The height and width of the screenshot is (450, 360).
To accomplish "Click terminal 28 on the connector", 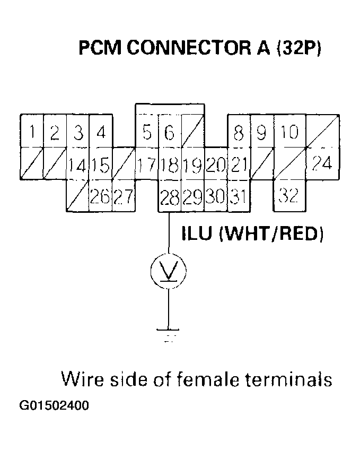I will point(169,198).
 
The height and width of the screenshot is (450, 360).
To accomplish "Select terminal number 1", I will point(32,132).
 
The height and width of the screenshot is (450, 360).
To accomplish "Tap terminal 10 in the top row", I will point(289,132).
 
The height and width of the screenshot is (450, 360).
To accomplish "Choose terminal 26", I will point(100,198).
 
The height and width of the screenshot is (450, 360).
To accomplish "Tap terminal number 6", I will point(169,132).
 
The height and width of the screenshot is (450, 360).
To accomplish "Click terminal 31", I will point(239,198).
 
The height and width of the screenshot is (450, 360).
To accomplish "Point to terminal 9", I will point(261,132).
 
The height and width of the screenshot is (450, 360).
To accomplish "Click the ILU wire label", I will point(199,234).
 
